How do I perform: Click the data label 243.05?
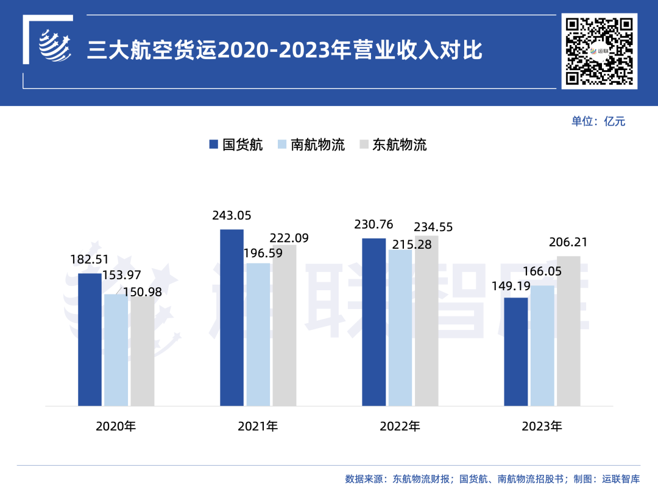(x=232, y=215)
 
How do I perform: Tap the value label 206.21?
(x=568, y=242)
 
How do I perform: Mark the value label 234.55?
(x=433, y=227)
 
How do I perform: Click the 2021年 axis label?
(x=258, y=426)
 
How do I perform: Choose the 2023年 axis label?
(x=542, y=426)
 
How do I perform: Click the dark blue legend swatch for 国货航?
(x=213, y=144)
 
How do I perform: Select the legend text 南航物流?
(x=317, y=144)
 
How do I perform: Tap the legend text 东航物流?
(x=400, y=144)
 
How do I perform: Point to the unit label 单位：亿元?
(x=598, y=121)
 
